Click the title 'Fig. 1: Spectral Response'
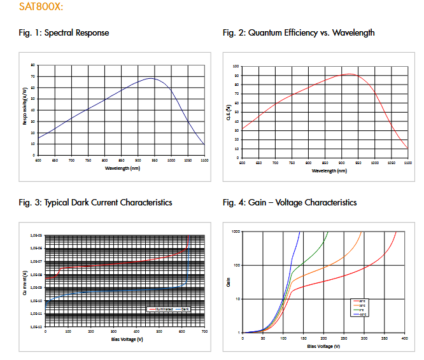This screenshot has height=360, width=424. pos(64,33)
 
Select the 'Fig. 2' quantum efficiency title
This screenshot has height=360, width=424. pos(299,33)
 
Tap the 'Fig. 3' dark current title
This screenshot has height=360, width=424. pos(95,203)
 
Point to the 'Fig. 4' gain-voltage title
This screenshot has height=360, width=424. pos(290,203)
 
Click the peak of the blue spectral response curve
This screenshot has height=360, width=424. pos(152,78)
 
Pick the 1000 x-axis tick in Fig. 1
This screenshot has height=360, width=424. pos(171,160)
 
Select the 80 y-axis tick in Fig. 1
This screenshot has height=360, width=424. pos(32,65)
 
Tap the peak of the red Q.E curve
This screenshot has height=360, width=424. pos(349,74)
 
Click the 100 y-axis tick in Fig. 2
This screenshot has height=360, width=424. pos(236,66)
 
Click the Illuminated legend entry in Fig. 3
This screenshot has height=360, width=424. pos(160,309)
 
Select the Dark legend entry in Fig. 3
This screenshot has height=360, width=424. pos(185,309)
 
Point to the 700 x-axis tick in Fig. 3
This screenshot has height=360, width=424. pos(204,332)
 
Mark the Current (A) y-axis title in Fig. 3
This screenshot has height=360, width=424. pos(23,280)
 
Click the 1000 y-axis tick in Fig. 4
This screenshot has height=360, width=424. pos(235,232)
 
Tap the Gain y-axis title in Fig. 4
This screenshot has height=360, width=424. pos(228,281)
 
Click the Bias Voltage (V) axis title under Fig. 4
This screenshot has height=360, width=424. pos(324,347)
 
